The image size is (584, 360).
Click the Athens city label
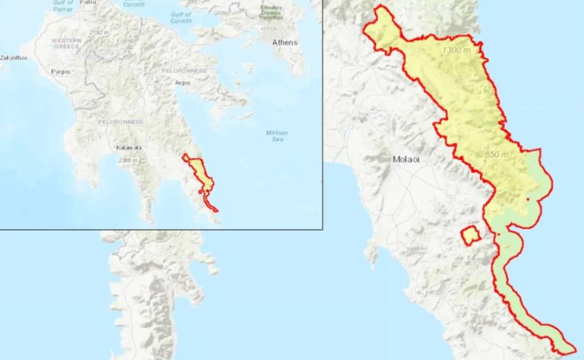[x=286, y=43]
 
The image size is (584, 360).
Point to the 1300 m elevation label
[x=457, y=50]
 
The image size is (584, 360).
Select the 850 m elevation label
[x=496, y=155]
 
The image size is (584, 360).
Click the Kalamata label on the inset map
[x=129, y=148]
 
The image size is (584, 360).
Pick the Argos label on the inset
[x=183, y=83]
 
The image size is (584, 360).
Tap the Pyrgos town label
[x=61, y=72]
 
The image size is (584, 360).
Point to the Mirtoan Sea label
[x=277, y=136]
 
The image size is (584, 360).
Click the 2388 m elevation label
[x=128, y=160]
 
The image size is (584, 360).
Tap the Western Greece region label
[x=66, y=43]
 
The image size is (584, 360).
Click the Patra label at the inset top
[x=87, y=3]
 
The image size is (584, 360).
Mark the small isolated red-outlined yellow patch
[x=471, y=235]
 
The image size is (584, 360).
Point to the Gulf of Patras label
[x=63, y=6]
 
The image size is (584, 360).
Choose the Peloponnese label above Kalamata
[x=120, y=121]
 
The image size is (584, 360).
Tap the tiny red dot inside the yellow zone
[x=527, y=200]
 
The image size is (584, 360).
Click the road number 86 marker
[x=364, y=119]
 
